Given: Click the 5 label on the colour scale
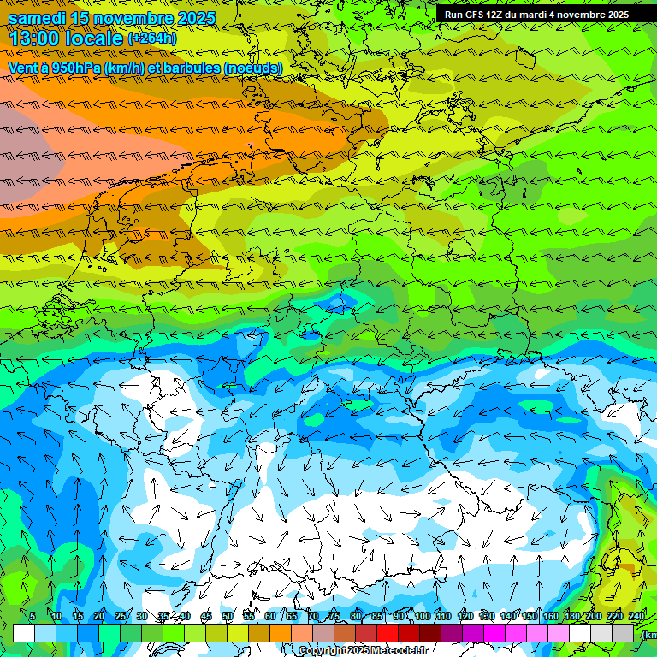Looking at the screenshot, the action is pyautogui.click(x=33, y=617).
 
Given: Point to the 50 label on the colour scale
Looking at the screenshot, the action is pyautogui.click(x=228, y=617).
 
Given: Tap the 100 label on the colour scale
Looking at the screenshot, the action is pyautogui.click(x=423, y=617).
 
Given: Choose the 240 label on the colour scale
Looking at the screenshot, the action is pyautogui.click(x=636, y=617).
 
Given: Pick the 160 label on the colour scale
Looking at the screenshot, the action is pyautogui.click(x=551, y=617).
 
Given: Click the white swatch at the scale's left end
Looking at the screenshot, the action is pyautogui.click(x=24, y=633).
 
